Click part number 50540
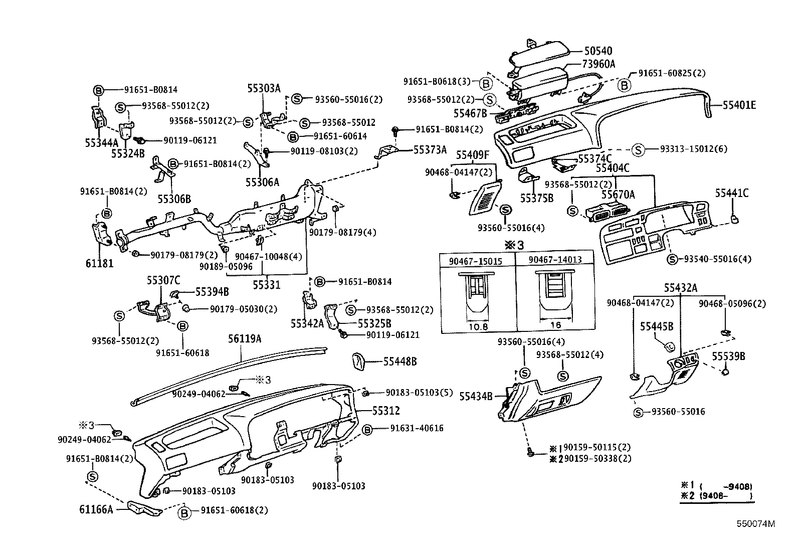click(x=598, y=51)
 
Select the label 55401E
click(x=739, y=105)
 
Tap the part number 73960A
click(x=598, y=64)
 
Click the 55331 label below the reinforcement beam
click(x=266, y=285)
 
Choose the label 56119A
click(x=245, y=339)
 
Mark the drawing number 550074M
click(x=755, y=524)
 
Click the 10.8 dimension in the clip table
click(x=478, y=326)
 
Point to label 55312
click(x=385, y=411)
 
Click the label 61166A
click(x=96, y=510)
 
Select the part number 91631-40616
click(x=417, y=429)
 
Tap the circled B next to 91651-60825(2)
click(x=624, y=85)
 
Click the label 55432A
click(x=681, y=288)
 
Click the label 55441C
click(x=731, y=193)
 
